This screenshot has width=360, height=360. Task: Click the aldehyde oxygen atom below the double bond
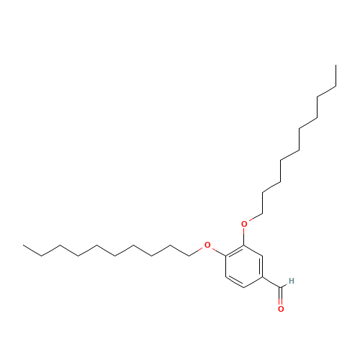[x=281, y=309]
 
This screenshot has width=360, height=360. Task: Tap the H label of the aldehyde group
[x=292, y=281]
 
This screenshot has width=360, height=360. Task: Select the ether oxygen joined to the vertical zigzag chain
[x=244, y=224]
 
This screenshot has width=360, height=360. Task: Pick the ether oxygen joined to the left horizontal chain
[x=207, y=246]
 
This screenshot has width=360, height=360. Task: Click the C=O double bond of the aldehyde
[x=281, y=296]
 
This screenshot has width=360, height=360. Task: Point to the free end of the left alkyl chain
[x=23, y=246]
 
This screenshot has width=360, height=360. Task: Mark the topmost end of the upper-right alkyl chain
[x=336, y=65]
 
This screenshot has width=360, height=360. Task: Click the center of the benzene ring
[x=244, y=266]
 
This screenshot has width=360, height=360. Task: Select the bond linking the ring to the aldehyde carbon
[x=271, y=282]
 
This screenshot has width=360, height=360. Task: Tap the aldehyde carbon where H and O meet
[x=281, y=287]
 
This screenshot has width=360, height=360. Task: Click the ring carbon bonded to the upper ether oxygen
[x=244, y=246]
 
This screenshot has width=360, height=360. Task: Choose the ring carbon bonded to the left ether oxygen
[x=226, y=256]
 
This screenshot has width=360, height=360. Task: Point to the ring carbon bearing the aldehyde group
[x=263, y=277]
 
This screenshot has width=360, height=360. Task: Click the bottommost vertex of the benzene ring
[x=244, y=287]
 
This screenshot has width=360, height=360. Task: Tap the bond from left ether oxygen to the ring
[x=219, y=252]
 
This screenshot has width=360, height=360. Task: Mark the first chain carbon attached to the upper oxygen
[x=262, y=214]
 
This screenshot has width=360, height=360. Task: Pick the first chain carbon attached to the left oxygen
[x=189, y=256]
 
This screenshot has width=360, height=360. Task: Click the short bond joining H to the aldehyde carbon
[x=284, y=286]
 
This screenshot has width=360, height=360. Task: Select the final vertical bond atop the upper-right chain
[x=336, y=76]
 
